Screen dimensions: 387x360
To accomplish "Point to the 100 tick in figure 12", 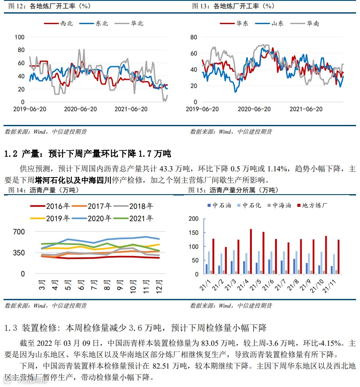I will [x=19, y=37].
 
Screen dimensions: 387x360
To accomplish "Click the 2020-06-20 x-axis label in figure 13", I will [x=256, y=109].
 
